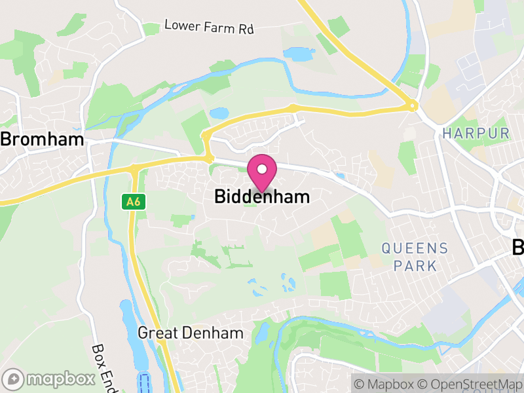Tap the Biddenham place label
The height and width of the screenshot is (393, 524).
pyautogui.click(x=262, y=196)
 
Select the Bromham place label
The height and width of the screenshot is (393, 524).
pyautogui.click(x=42, y=140)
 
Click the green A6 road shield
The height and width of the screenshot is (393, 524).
pyautogui.click(x=133, y=202)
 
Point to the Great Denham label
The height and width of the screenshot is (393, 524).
pyautogui.click(x=190, y=333)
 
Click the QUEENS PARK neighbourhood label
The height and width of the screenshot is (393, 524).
pyautogui.click(x=415, y=257)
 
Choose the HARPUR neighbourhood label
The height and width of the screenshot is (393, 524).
pyautogui.click(x=476, y=133)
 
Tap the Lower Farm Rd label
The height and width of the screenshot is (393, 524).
pyautogui.click(x=208, y=27)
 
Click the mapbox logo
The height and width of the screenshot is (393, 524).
pyautogui.click(x=50, y=379)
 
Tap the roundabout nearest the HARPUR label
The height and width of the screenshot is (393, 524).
pyautogui.click(x=412, y=105)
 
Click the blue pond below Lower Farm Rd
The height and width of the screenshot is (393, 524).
pyautogui.click(x=299, y=54)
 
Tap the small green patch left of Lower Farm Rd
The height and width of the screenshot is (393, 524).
pyautogui.click(x=151, y=29)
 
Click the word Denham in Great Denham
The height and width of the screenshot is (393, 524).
pyautogui.click(x=213, y=333)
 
